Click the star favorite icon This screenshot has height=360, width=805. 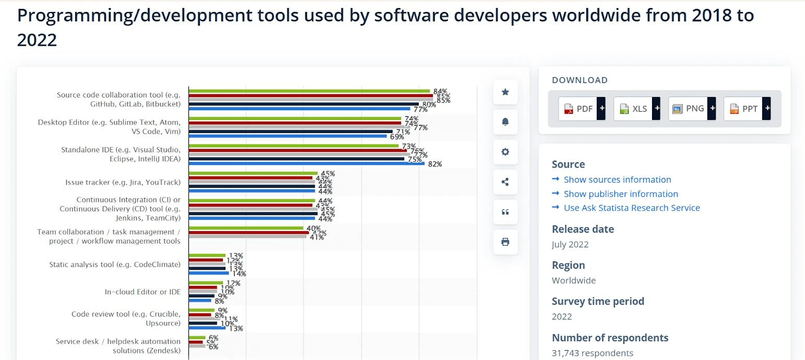[x=505, y=92]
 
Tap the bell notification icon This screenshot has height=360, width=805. [x=505, y=122]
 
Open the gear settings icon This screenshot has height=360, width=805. [x=505, y=152]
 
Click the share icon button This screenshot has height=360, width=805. [x=505, y=182]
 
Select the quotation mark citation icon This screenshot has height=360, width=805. [x=505, y=212]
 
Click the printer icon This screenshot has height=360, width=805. [x=505, y=242]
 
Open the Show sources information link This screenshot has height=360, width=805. [x=617, y=179]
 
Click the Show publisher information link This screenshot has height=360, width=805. [x=621, y=194]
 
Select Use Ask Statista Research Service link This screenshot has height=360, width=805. [x=632, y=208]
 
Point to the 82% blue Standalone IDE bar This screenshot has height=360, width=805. [x=306, y=163]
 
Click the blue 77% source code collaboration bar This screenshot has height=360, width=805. [x=299, y=109]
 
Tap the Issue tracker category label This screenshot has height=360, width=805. [x=123, y=183]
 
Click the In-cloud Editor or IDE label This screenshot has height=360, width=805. [x=143, y=292]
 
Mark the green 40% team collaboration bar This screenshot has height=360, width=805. [x=246, y=227]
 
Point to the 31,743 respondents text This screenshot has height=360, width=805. [x=592, y=353]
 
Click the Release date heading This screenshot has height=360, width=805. [x=583, y=229]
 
